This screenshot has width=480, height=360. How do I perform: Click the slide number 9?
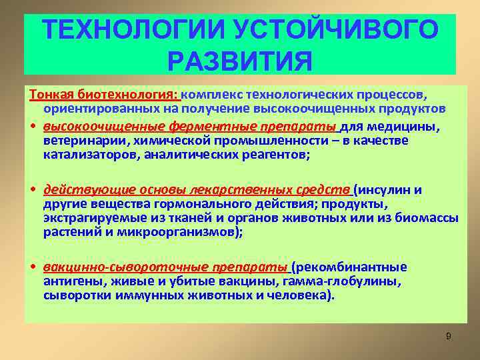[x=449, y=336]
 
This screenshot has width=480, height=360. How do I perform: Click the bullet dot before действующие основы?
[x=32, y=189]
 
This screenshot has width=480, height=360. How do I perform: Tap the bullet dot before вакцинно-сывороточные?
[x=32, y=267]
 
